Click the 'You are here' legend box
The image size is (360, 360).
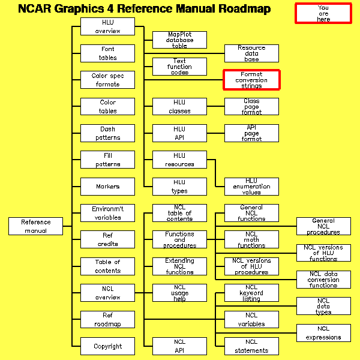[x=323, y=13]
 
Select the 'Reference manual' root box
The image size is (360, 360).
[x=36, y=226]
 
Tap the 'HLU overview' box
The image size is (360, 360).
[x=107, y=27]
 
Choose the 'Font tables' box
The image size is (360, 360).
[x=107, y=53]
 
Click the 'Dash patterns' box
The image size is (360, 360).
[x=107, y=133]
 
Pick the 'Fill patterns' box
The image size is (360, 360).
[x=107, y=160]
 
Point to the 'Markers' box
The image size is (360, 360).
[x=107, y=187]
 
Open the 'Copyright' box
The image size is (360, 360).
[x=107, y=346]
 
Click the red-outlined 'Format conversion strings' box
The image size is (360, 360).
[x=251, y=80]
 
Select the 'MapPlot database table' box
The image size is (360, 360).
[x=179, y=40]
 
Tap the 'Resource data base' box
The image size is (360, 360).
[x=251, y=53]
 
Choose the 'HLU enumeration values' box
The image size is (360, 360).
[x=251, y=187]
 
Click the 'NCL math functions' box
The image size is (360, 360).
[x=251, y=239]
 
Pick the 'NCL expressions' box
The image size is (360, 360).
[x=323, y=333]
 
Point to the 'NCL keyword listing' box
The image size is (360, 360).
[x=251, y=293]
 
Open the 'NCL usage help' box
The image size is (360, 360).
[x=179, y=293]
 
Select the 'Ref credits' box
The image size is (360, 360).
[x=107, y=239]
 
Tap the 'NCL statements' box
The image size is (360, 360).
[x=251, y=346]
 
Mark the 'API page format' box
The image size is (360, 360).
[x=251, y=133]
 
